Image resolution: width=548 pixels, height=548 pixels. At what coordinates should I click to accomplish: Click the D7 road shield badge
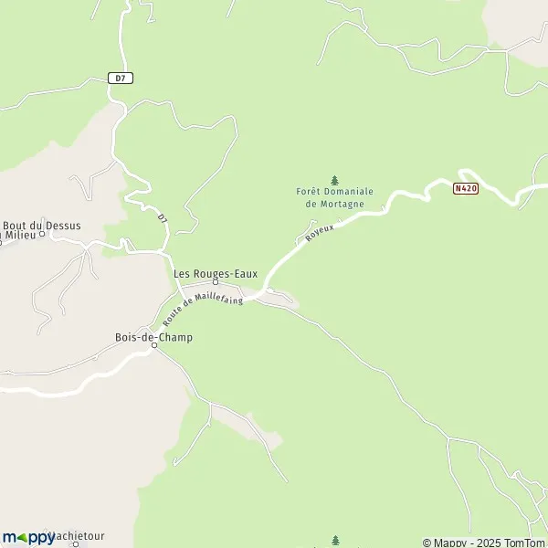coord(119,79)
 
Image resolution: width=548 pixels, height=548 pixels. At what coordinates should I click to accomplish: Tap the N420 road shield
coord(465,189)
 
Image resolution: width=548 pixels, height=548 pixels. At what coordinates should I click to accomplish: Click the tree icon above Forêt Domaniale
coord(334,179)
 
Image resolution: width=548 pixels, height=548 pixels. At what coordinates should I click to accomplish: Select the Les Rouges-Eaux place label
coord(216,273)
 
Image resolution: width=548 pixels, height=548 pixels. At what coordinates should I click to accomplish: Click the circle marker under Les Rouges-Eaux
coord(216,282)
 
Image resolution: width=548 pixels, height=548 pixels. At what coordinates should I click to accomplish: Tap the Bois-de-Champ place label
coord(153,337)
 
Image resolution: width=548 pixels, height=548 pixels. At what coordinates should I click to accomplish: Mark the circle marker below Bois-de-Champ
coord(153,345)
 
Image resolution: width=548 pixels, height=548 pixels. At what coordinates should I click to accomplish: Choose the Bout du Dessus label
coord(42,226)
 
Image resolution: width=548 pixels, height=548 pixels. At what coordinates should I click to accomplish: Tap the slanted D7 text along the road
coord(163,219)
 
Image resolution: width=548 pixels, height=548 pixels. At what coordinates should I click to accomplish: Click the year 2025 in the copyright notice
coord(493,543)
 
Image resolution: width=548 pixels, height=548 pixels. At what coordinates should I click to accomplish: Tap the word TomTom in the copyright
coord(529,543)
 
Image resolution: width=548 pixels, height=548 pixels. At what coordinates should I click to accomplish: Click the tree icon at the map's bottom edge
coord(334,540)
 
